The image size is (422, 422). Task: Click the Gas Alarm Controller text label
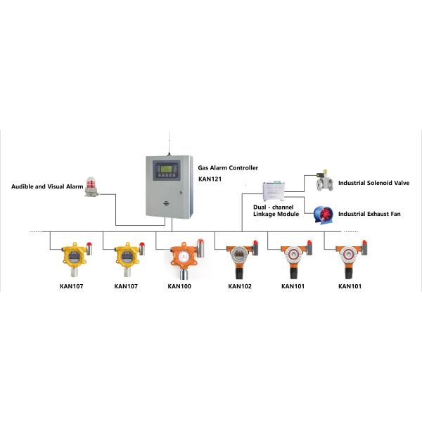229,168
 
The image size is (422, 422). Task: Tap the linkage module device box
276,191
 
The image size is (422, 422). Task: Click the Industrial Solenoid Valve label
373,183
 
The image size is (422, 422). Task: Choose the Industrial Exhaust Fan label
369,213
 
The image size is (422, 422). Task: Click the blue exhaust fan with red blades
323,213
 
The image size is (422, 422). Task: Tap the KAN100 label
179,286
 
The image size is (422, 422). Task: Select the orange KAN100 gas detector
181,260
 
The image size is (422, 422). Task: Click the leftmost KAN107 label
72,286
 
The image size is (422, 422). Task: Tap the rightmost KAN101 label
350,286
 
